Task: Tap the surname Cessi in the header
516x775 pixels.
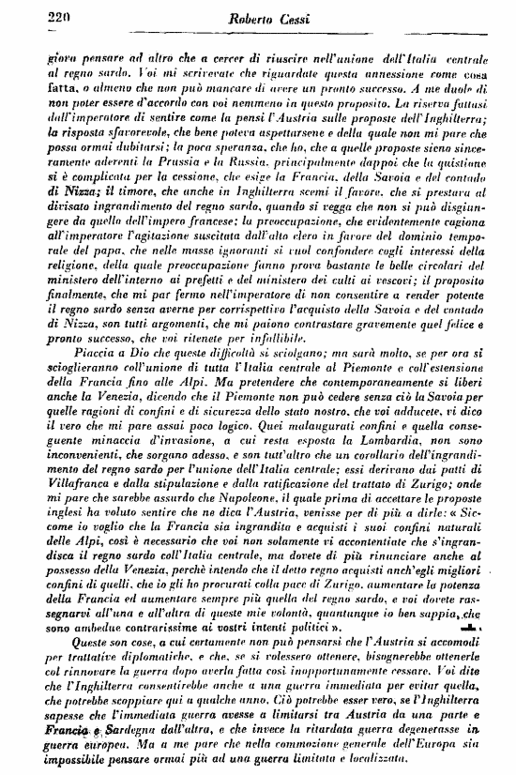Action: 292,16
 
